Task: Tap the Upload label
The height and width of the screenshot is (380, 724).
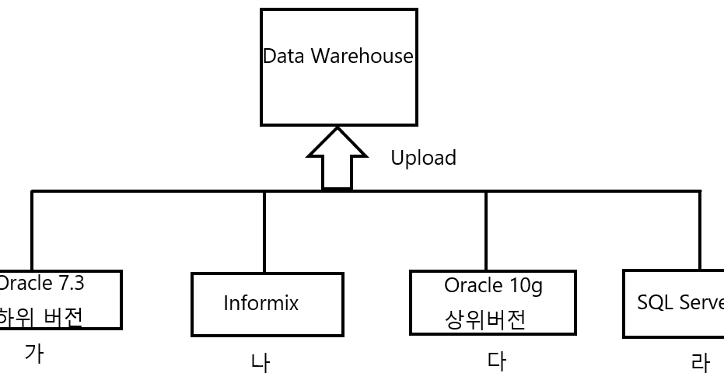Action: coord(423,158)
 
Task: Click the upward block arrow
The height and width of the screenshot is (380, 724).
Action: coord(338,159)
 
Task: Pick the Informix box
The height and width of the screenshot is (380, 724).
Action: coord(267,304)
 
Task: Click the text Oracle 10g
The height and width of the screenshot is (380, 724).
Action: coord(493,285)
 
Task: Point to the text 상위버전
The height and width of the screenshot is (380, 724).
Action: coord(485,319)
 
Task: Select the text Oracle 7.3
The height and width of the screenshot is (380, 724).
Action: coord(41,284)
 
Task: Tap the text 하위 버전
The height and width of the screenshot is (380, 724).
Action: coord(40,317)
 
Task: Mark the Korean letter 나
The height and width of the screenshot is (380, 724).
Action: coord(261,363)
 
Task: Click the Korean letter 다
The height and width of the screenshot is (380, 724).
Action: coord(497,361)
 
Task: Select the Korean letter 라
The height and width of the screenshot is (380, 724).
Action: coord(700,363)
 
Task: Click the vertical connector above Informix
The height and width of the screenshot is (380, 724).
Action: coord(264,232)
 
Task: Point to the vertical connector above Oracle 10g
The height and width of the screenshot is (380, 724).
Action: coord(486,231)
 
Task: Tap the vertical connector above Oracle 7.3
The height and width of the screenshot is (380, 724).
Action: coord(32,231)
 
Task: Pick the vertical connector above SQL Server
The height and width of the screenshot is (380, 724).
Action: coord(700,231)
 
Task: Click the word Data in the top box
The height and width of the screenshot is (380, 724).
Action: coord(285,57)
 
